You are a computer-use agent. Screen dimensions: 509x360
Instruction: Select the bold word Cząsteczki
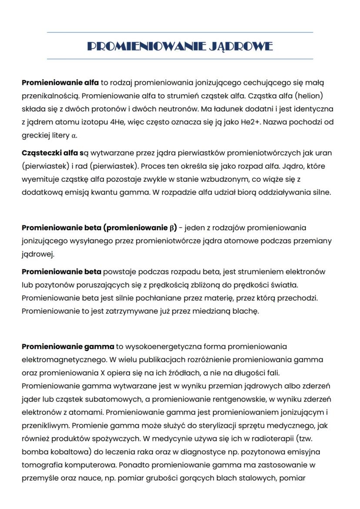tap(40, 153)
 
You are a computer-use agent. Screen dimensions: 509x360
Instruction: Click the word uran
tap(324, 153)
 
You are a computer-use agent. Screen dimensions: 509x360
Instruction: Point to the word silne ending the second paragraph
tap(322, 193)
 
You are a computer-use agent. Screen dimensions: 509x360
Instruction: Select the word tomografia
tap(40, 465)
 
